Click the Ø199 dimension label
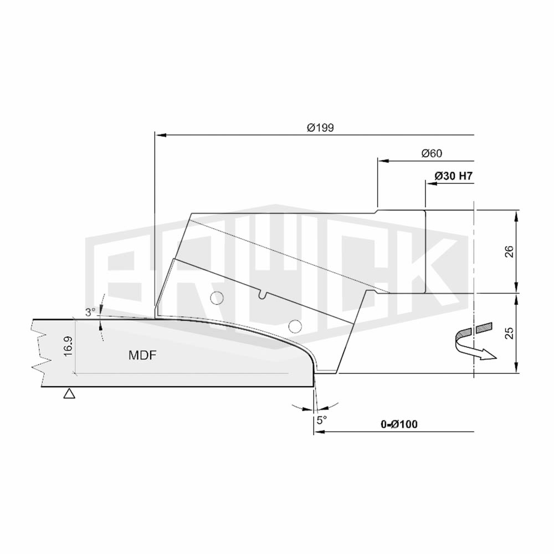320,127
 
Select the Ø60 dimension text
432,153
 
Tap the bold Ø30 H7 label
453,176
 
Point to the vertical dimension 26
509,251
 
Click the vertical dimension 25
509,333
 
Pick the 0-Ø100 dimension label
399,424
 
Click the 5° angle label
321,420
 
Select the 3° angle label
90,312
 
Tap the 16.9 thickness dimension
68,346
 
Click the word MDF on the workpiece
142,355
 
